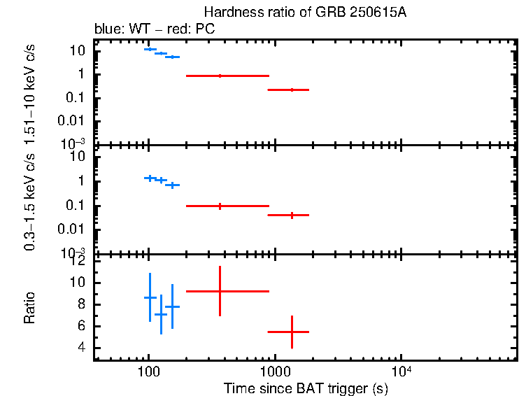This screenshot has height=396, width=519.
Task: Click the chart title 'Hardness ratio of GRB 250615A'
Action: click(x=304, y=13)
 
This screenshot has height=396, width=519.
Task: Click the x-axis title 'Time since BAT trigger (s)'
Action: click(x=306, y=388)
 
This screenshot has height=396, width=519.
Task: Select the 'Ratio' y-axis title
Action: click(x=30, y=308)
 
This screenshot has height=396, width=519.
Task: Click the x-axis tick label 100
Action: click(x=148, y=373)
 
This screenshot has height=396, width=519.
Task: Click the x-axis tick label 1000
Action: click(x=275, y=373)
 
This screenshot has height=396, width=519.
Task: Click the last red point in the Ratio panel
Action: click(x=292, y=332)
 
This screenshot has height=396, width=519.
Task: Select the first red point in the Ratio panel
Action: click(x=220, y=291)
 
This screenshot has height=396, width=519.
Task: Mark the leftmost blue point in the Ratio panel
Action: click(x=150, y=297)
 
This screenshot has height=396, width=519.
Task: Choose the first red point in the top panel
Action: click(x=220, y=76)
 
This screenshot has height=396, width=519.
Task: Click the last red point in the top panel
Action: click(x=292, y=90)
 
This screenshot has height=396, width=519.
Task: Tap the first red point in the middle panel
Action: click(x=220, y=206)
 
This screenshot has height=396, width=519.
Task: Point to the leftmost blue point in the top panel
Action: click(x=150, y=49)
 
